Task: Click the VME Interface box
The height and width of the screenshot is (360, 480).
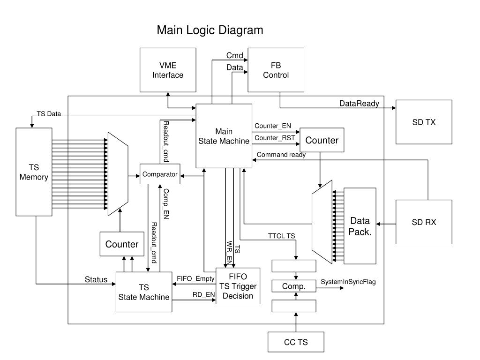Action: [168, 70]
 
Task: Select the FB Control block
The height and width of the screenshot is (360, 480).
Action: [276, 70]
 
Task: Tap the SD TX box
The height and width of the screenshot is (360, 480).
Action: [424, 122]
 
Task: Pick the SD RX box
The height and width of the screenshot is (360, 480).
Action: [424, 222]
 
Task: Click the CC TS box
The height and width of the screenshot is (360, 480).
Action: [296, 342]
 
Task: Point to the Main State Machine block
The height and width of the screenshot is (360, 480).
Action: [224, 136]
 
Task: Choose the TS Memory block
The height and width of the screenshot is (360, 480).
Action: [34, 172]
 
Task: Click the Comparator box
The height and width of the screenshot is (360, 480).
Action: [160, 174]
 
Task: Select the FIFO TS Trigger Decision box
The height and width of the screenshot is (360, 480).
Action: [238, 286]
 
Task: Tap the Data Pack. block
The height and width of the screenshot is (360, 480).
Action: [360, 226]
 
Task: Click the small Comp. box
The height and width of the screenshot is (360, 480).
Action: [294, 286]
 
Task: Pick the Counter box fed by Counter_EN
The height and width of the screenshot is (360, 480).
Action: [322, 140]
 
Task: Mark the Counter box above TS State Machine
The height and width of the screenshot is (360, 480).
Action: [122, 244]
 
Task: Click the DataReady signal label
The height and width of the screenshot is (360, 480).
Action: [359, 104]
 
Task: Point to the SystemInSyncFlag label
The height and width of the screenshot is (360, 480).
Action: [348, 282]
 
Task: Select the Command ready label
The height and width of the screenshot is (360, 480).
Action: [281, 155]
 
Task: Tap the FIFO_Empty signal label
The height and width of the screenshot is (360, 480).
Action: [195, 278]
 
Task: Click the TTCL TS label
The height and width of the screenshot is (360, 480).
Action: [281, 236]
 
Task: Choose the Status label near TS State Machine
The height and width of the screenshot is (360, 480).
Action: [96, 279]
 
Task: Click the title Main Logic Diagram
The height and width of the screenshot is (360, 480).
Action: [210, 30]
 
